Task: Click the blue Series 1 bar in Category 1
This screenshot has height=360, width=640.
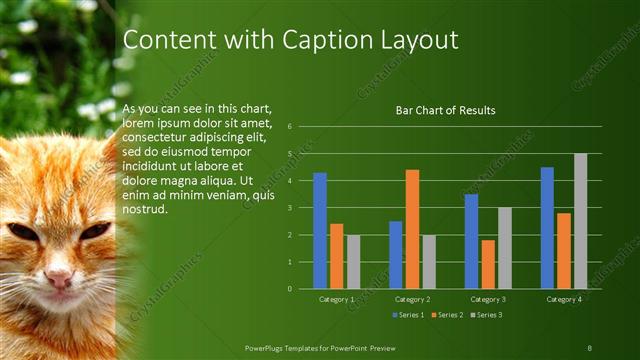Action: click(320, 231)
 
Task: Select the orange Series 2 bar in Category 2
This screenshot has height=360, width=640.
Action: click(412, 229)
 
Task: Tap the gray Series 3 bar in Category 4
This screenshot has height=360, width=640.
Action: click(580, 221)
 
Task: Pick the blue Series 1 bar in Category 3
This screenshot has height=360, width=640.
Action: click(472, 241)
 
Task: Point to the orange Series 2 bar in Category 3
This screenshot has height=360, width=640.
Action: click(488, 264)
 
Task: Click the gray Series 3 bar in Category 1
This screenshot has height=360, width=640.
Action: click(353, 262)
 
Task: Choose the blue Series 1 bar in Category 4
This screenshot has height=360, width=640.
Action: click(547, 228)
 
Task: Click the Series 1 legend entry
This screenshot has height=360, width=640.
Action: click(409, 315)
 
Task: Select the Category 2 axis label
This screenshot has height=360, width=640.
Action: click(412, 299)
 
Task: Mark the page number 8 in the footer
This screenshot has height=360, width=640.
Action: click(590, 346)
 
